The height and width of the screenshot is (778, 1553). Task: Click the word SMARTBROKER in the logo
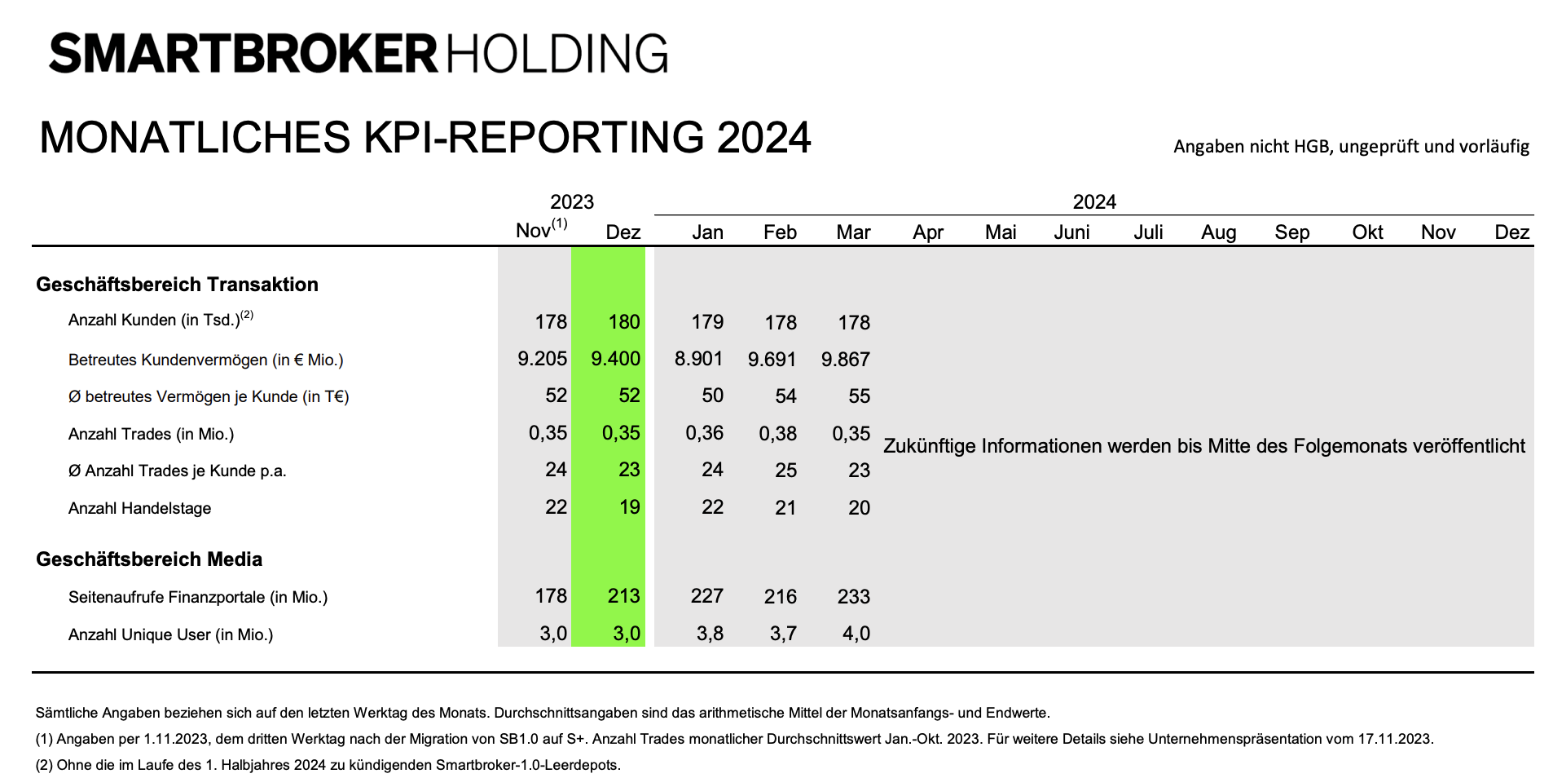(x=243, y=54)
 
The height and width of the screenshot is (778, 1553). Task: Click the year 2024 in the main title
(x=763, y=137)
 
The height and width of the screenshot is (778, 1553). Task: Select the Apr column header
(x=927, y=232)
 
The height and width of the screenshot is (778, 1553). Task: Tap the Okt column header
(x=1367, y=232)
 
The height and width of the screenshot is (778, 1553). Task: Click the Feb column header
(x=780, y=232)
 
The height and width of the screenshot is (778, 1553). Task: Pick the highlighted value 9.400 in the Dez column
(x=615, y=359)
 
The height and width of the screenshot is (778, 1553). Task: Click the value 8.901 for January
(x=698, y=359)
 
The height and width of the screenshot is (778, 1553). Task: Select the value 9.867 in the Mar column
(x=845, y=359)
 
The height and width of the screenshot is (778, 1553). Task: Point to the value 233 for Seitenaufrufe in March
(x=853, y=596)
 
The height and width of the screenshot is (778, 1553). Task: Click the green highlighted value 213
(x=623, y=596)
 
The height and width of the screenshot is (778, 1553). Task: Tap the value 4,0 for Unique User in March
(x=856, y=634)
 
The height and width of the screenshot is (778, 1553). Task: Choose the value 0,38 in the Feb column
(x=777, y=433)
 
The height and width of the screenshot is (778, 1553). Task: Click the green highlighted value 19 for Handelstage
(x=629, y=507)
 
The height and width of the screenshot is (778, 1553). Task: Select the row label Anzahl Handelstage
(x=139, y=508)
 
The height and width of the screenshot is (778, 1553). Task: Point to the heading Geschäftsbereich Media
(x=149, y=559)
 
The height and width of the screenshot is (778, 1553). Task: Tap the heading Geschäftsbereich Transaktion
(x=177, y=285)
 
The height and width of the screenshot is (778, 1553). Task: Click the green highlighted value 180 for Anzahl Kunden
(x=623, y=322)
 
